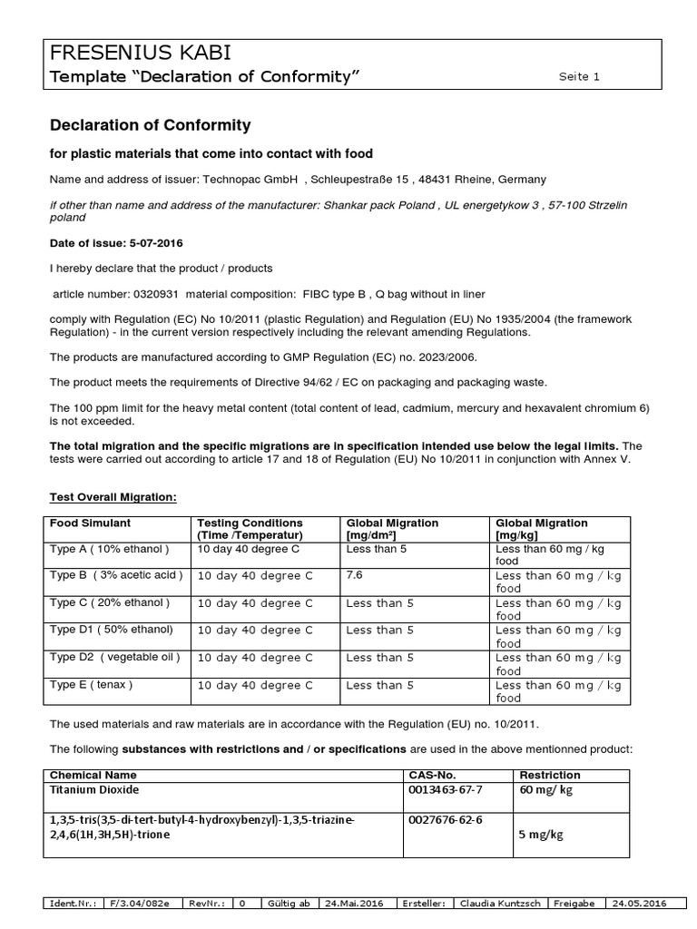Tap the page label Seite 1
tap(579, 77)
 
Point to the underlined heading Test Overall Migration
tap(113, 497)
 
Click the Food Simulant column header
tap(90, 523)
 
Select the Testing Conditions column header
tap(250, 523)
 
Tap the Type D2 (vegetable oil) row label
tap(114, 657)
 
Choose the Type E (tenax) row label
tap(92, 684)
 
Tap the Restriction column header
tap(549, 776)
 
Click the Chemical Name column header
tap(93, 776)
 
